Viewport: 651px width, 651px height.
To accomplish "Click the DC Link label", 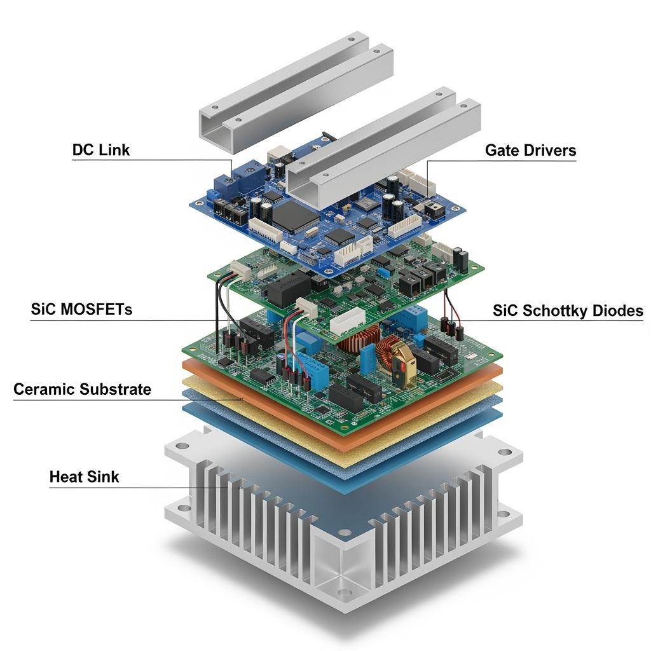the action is (101, 150).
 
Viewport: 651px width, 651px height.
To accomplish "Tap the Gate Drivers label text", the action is (531, 150).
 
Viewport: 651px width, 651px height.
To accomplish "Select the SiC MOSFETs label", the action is (81, 310).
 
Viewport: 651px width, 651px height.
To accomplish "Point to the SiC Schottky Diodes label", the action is (568, 310).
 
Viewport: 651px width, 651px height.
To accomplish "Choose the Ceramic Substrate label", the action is (82, 389).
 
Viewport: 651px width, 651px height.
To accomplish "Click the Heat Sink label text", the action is (85, 477).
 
